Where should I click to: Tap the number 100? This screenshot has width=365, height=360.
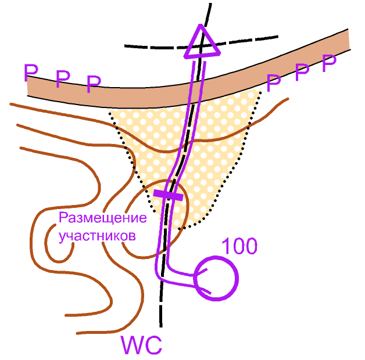tap(239, 247)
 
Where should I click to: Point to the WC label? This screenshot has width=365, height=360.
tap(141, 345)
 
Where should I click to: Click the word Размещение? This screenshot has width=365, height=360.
tap(102, 219)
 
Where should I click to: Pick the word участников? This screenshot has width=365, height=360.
tap(98, 236)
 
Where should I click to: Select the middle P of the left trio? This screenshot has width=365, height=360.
tap(62, 79)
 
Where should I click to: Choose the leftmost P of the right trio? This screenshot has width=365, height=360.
tap(273, 82)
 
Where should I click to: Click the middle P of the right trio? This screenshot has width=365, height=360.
tap(302, 73)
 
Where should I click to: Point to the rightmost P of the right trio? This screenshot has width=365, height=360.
tap(330, 63)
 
